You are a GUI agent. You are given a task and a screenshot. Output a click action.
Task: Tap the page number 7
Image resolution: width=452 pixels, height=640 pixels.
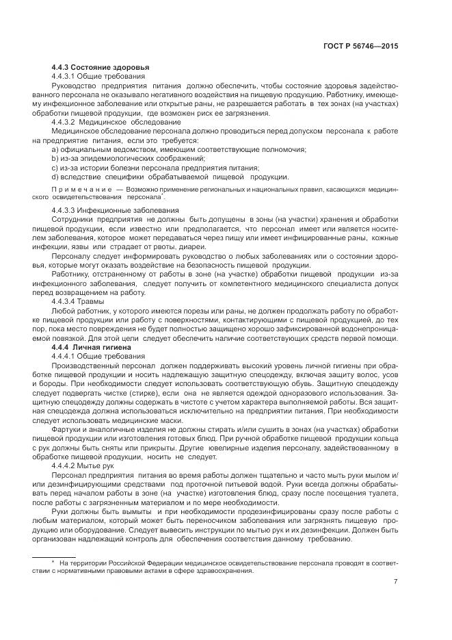pyautogui.click(x=396, y=583)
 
